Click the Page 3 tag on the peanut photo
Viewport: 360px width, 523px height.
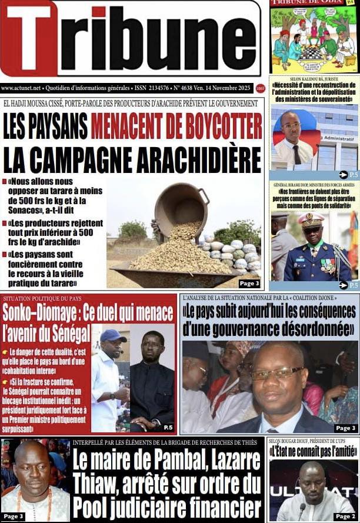coord(249,284)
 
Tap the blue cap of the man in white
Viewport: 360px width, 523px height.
coord(114,335)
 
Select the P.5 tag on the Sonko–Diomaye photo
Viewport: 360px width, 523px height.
coord(168,427)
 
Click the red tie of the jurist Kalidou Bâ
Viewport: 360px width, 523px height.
coord(297,154)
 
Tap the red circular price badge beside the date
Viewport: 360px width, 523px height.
coord(261,88)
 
